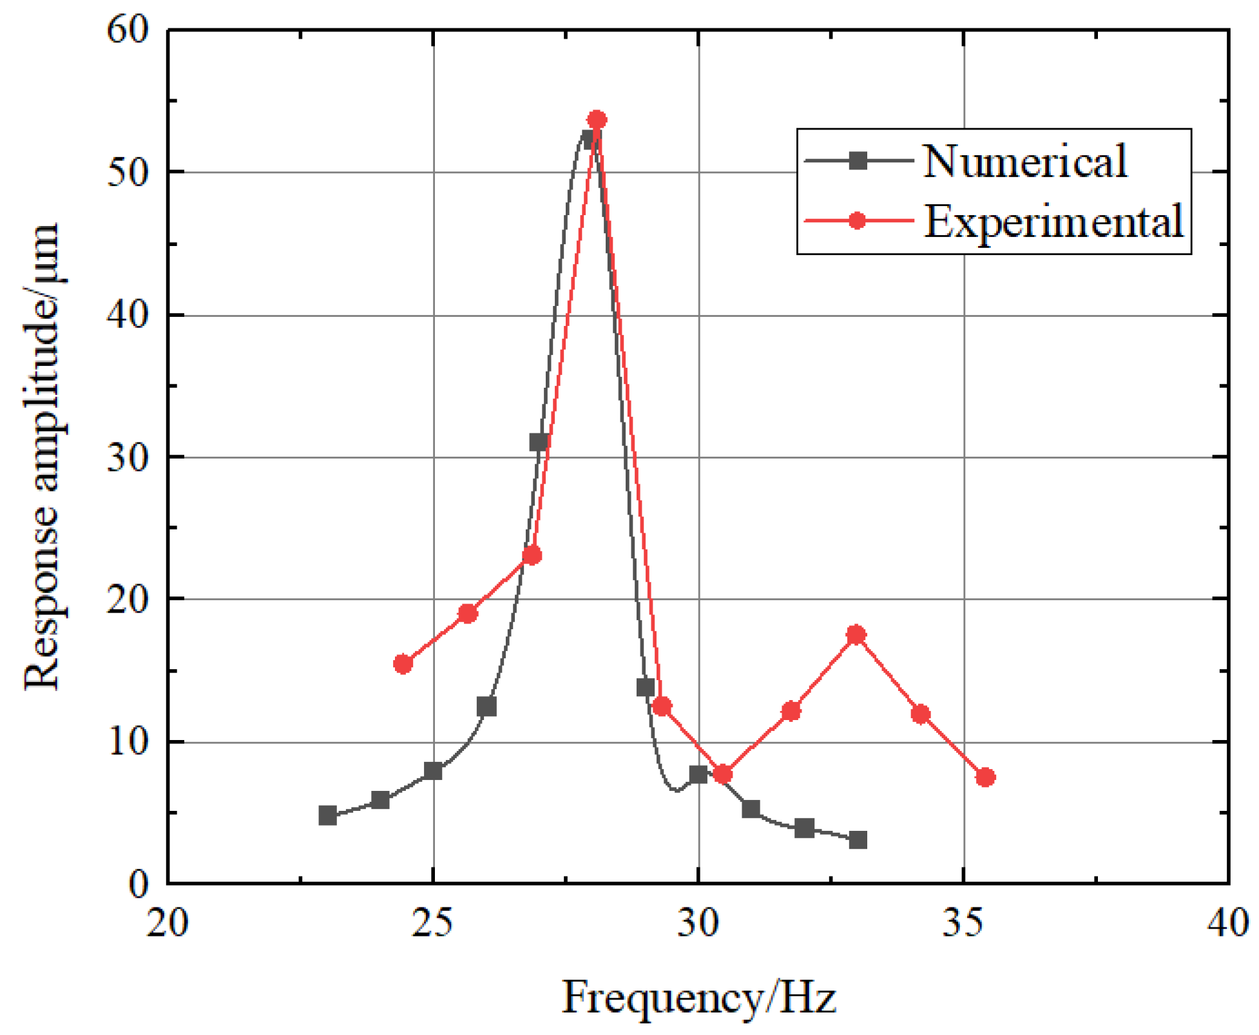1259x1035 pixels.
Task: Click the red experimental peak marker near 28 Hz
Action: click(x=597, y=120)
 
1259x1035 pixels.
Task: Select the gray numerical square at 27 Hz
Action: click(x=539, y=442)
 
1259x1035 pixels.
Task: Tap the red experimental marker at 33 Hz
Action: click(x=856, y=635)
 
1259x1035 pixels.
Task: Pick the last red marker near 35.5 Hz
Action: click(x=985, y=777)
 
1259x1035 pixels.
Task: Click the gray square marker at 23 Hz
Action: click(x=327, y=815)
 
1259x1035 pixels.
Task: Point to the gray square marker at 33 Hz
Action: click(x=858, y=840)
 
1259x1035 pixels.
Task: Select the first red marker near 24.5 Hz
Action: click(x=403, y=664)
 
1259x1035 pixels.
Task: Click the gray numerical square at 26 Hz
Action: click(x=486, y=707)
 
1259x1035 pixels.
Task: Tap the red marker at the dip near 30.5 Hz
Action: click(x=723, y=774)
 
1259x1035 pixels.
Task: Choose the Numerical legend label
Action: click(x=1024, y=161)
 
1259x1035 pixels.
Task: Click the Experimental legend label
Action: click(x=1053, y=222)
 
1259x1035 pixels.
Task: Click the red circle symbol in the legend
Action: click(x=857, y=221)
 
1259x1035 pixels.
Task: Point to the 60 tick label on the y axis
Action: click(x=128, y=30)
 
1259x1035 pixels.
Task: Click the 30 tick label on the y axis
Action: click(x=128, y=457)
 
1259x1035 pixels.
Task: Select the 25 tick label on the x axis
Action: click(x=432, y=922)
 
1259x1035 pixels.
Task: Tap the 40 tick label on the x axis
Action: click(x=1227, y=922)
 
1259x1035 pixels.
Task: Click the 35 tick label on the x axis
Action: click(x=963, y=922)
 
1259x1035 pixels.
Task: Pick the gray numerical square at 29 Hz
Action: click(x=645, y=687)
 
